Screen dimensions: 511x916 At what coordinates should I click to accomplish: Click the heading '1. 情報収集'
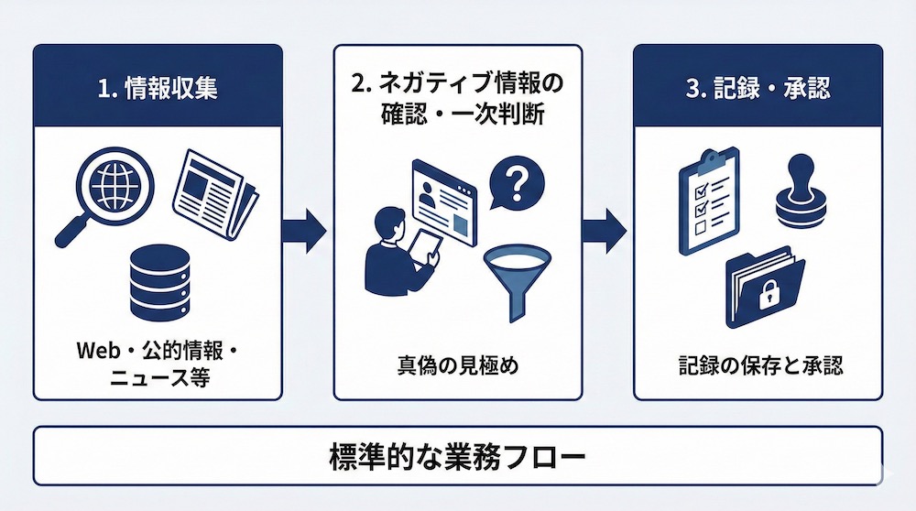157,90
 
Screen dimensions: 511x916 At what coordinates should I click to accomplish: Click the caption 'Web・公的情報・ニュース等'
157,364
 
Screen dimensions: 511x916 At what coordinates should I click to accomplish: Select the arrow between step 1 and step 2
306,230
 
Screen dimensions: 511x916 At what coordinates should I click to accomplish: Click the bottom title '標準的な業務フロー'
457,456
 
